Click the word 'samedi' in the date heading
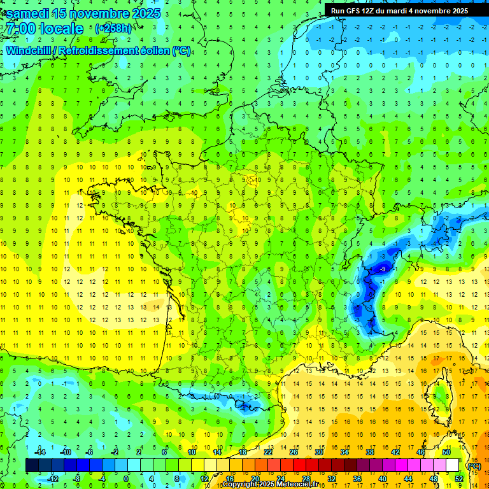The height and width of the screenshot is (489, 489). pyautogui.click(x=28, y=13)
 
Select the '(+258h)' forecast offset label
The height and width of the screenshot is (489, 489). pyautogui.click(x=113, y=29)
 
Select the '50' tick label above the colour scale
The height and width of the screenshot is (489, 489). pyautogui.click(x=446, y=452)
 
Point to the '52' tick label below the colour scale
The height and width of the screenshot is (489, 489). pyautogui.click(x=458, y=479)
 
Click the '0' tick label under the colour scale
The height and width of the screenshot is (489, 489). pyautogui.click(x=126, y=479)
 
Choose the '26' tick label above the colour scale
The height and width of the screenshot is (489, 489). pyautogui.click(x=294, y=452)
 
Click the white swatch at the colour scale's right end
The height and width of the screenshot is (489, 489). pyautogui.click(x=452, y=465)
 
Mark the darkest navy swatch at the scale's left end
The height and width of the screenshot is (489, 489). pyautogui.click(x=32, y=465)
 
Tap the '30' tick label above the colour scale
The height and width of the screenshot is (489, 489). pyautogui.click(x=319, y=452)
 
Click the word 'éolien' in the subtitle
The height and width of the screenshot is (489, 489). pyautogui.click(x=154, y=50)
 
